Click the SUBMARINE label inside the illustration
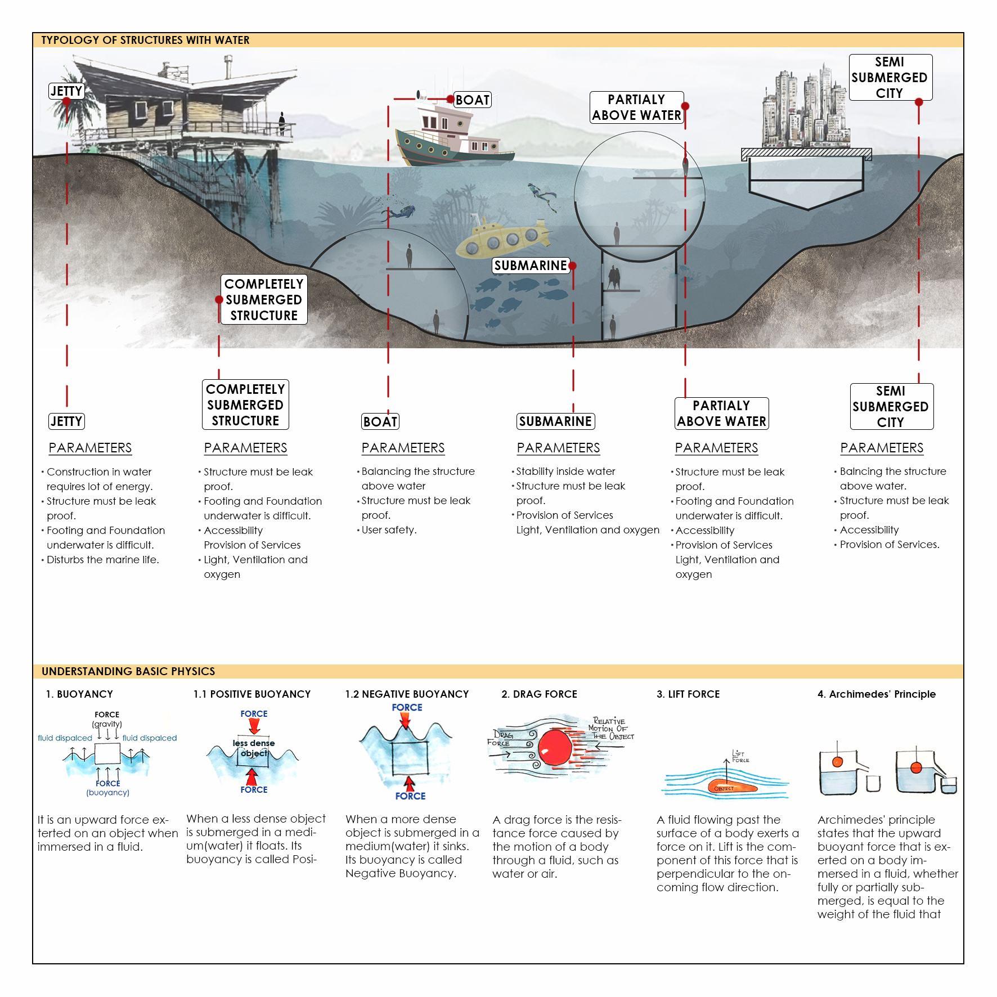pos(530,266)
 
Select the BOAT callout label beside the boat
pos(472,100)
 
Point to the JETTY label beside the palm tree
pos(66,91)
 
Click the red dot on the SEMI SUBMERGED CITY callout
pos(919,102)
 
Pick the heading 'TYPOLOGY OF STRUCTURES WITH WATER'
pos(145,41)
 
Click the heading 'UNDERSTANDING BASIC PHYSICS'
pos(128,671)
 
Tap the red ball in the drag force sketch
pos(555,748)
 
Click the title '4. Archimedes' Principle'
pos(876,694)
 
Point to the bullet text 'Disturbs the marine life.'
pos(103,560)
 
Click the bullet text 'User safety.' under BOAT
pos(389,530)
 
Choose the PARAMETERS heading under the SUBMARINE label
pos(558,448)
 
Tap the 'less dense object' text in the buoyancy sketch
pos(254,748)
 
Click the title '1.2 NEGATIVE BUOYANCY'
pos(407,694)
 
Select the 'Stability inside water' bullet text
pos(565,471)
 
